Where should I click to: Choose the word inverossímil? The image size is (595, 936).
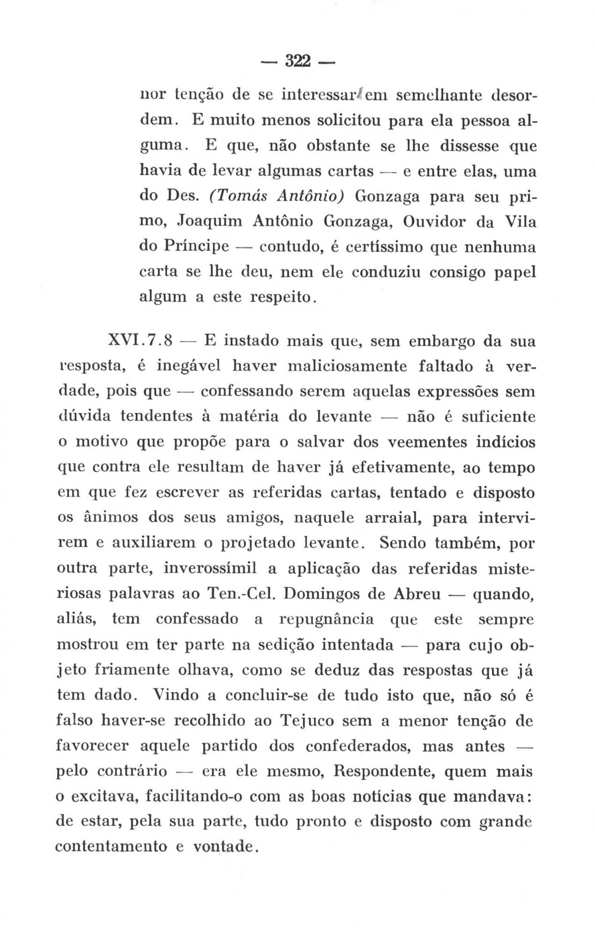click(x=210, y=569)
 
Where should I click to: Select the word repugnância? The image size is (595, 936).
click(x=326, y=620)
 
